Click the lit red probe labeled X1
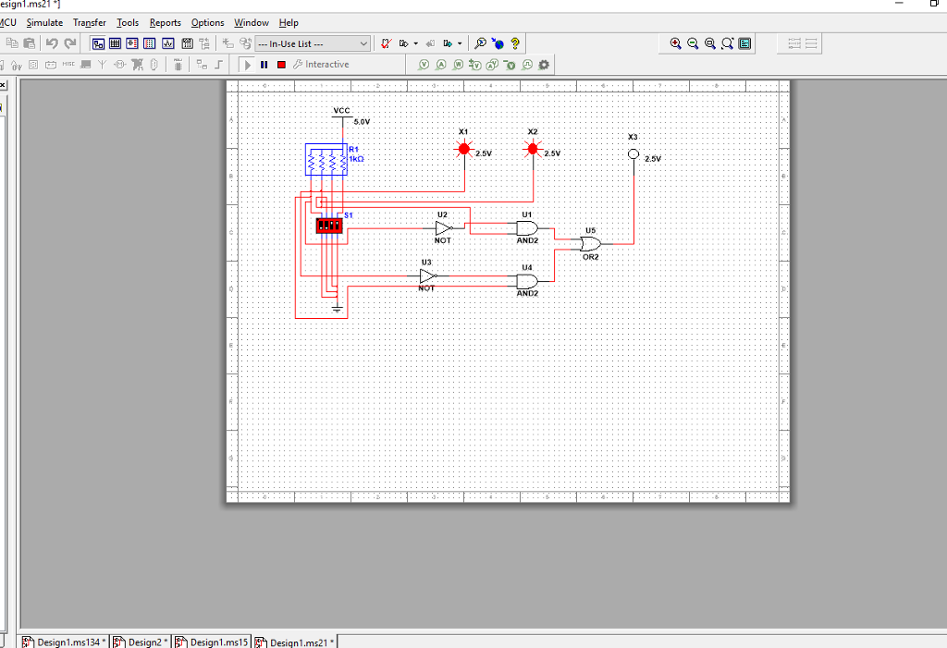(463, 149)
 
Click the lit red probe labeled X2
(532, 149)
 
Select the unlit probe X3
(633, 154)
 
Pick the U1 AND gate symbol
(527, 227)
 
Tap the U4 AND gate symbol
(527, 280)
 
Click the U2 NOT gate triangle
(443, 227)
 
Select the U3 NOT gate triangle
(426, 275)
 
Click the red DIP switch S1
(328, 225)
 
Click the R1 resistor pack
(326, 160)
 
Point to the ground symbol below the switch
(338, 306)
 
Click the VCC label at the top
(342, 110)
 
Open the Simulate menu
(44, 22)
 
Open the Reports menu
(166, 22)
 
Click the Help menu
(289, 22)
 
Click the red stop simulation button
(280, 65)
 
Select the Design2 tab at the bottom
(144, 642)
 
